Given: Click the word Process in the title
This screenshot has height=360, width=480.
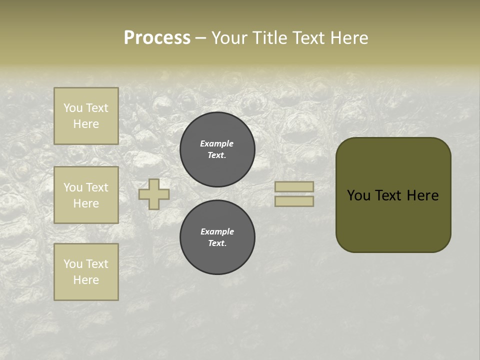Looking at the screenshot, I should [x=157, y=38].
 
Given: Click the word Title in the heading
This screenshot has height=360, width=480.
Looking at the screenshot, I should [x=270, y=38].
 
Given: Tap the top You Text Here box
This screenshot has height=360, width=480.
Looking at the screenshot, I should [x=86, y=116].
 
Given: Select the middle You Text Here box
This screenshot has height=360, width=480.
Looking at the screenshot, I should [x=86, y=195].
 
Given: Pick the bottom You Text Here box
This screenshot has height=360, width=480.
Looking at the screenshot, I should [x=86, y=272].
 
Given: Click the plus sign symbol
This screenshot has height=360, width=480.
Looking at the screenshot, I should [x=154, y=194].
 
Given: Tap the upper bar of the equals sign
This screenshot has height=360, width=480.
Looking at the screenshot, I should [x=294, y=187].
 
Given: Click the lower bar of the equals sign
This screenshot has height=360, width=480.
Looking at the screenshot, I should [x=294, y=201].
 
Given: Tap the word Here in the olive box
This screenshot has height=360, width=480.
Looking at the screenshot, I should [x=422, y=195].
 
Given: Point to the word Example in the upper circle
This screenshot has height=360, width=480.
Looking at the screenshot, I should [x=217, y=143].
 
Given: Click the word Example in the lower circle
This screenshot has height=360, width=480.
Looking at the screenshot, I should [x=217, y=231].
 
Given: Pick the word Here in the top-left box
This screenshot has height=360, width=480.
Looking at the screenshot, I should [x=86, y=124].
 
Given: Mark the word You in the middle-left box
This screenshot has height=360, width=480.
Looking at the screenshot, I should [x=73, y=187].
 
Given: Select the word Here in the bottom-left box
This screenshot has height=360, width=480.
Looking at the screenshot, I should [x=86, y=280].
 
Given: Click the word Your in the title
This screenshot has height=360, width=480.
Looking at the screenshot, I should [x=230, y=38].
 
